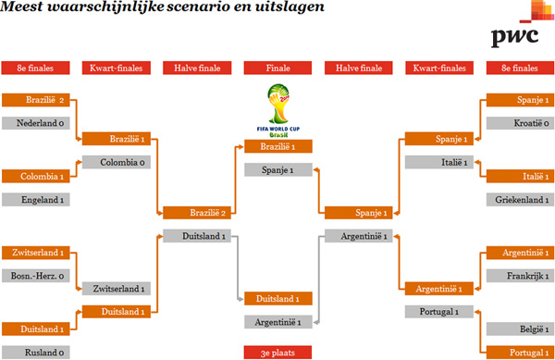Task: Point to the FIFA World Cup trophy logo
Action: tap(276, 109)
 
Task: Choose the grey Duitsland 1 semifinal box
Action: tap(193, 236)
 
